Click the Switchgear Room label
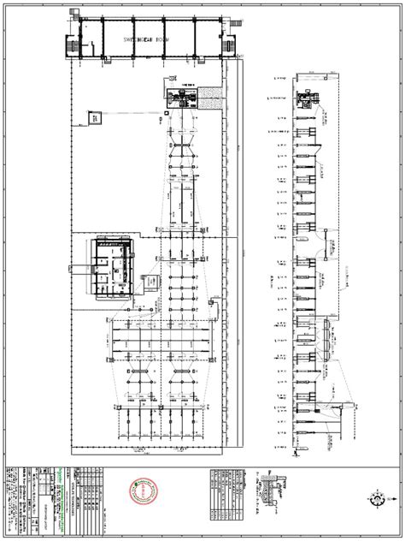point(150,39)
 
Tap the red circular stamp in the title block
point(143,493)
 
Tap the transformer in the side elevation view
point(308,102)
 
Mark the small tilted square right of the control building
point(150,281)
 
